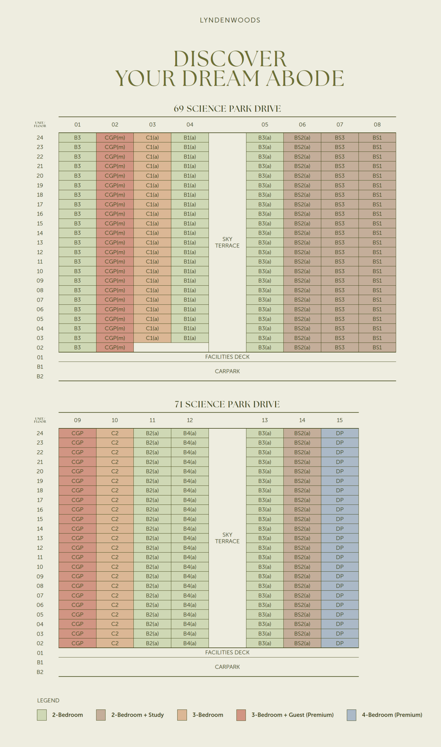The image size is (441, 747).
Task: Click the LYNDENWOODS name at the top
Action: pyautogui.click(x=230, y=20)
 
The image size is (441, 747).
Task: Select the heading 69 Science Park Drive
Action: pyautogui.click(x=227, y=109)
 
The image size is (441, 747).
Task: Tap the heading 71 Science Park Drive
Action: pyautogui.click(x=227, y=404)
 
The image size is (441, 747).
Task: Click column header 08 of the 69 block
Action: pyautogui.click(x=377, y=125)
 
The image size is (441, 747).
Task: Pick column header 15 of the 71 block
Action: pyautogui.click(x=340, y=420)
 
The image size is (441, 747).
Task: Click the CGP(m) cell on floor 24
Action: pyautogui.click(x=115, y=138)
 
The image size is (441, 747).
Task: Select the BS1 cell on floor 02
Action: pyautogui.click(x=377, y=347)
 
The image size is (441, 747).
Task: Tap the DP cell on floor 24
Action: pyautogui.click(x=340, y=433)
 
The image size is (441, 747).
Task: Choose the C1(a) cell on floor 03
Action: pyautogui.click(x=152, y=338)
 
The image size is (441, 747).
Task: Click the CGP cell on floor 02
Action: pyautogui.click(x=77, y=643)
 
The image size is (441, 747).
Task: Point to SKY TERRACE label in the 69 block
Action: pyautogui.click(x=227, y=242)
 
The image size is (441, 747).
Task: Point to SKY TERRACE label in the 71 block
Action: pyautogui.click(x=227, y=538)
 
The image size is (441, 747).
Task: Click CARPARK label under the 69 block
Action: pyautogui.click(x=227, y=371)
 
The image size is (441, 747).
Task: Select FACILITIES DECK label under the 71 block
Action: pyautogui.click(x=227, y=652)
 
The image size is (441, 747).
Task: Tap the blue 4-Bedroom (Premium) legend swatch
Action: pyautogui.click(x=352, y=715)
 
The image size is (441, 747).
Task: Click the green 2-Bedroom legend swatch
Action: pyautogui.click(x=42, y=715)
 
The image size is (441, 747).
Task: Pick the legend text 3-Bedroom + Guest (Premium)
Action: pyautogui.click(x=292, y=715)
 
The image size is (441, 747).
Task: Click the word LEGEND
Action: pyautogui.click(x=48, y=700)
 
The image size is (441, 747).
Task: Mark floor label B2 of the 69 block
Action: pyautogui.click(x=40, y=376)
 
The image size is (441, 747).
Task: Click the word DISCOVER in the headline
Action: pyautogui.click(x=230, y=59)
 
